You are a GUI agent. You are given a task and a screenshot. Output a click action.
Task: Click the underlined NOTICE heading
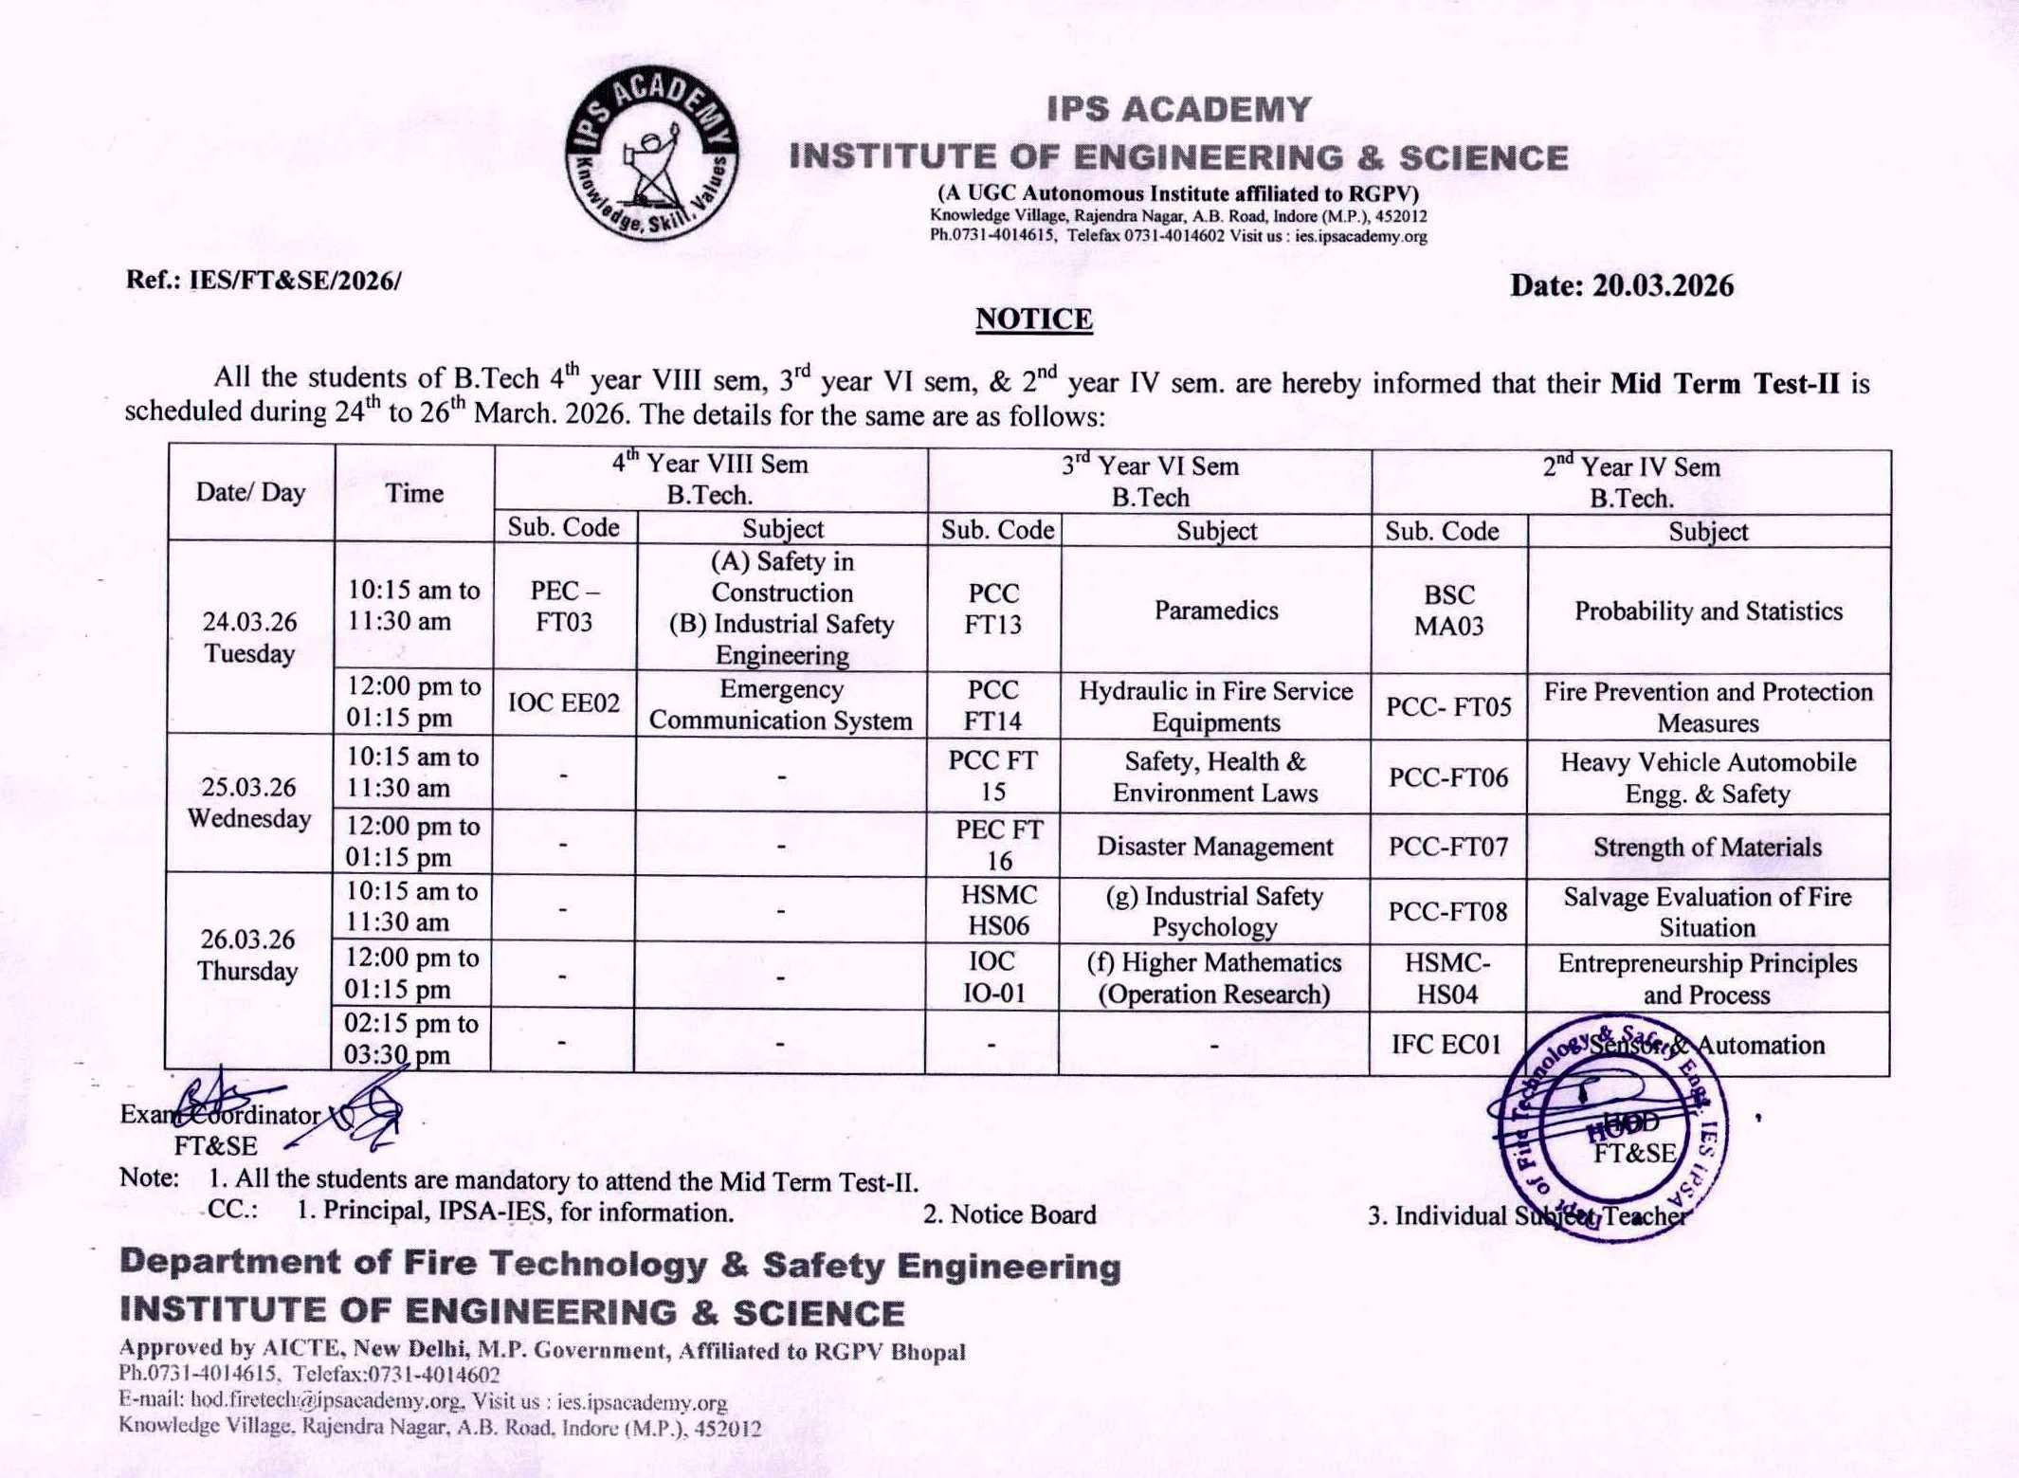click(x=1033, y=319)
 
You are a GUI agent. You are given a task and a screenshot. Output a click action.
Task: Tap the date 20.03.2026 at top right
click(x=1621, y=285)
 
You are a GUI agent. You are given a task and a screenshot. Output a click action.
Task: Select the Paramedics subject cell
click(x=1215, y=610)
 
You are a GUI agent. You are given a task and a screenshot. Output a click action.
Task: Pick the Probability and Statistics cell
click(x=1708, y=611)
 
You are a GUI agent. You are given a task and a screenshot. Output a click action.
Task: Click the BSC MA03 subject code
click(x=1448, y=610)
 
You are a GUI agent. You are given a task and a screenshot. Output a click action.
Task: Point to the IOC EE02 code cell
click(x=564, y=703)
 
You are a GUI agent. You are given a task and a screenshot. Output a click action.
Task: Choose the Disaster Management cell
click(x=1214, y=846)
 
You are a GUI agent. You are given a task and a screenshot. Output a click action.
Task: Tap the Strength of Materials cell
click(x=1707, y=847)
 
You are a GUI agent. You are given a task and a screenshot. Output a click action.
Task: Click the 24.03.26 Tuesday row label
click(x=249, y=637)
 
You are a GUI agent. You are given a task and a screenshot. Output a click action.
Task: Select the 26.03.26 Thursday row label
click(x=247, y=955)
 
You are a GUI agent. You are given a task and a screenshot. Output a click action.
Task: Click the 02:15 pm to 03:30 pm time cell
click(x=410, y=1039)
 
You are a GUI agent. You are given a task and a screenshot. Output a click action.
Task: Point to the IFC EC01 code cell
click(x=1446, y=1044)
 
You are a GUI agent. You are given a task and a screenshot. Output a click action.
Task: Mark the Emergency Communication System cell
click(x=780, y=704)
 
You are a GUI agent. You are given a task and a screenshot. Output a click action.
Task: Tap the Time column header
click(x=414, y=493)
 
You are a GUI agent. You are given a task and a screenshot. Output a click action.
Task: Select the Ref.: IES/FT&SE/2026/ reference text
click(x=264, y=281)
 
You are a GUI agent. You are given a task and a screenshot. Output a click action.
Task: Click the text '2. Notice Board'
click(x=1009, y=1214)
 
